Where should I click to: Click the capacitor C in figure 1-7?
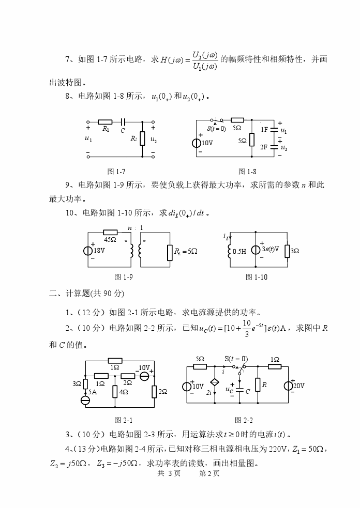coord(123,122)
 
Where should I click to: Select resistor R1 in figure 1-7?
coord(105,122)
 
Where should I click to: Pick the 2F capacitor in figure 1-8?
coord(275,147)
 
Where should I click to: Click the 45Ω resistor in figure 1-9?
coord(110,233)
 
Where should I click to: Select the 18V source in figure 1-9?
coord(88,251)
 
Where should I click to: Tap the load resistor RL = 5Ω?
coord(169,252)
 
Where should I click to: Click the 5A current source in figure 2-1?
coord(85,400)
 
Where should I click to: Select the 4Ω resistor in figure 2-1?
coord(115,392)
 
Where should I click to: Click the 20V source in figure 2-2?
coord(288,386)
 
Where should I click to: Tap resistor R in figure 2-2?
coord(257,386)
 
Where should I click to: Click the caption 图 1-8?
coord(247,172)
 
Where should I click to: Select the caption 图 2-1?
coord(119,420)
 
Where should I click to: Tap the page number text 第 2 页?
coord(209,474)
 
